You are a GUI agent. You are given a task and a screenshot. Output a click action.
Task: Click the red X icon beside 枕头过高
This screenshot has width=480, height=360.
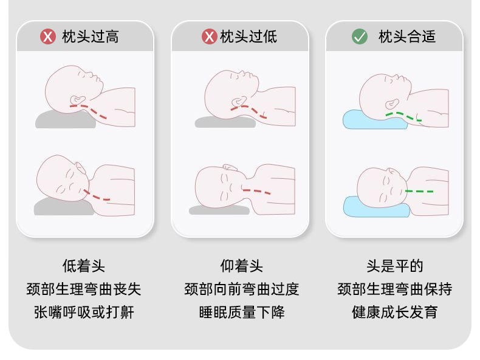click(48, 36)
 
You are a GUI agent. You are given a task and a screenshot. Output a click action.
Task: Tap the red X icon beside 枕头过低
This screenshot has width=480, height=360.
click(210, 36)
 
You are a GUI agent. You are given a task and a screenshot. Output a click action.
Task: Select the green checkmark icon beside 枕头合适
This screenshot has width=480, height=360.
click(360, 36)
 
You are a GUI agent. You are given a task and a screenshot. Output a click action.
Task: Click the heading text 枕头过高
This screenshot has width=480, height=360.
click(91, 36)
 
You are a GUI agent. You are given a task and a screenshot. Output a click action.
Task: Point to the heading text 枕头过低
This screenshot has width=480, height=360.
click(249, 36)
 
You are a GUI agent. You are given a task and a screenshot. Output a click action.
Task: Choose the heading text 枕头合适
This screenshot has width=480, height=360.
click(407, 36)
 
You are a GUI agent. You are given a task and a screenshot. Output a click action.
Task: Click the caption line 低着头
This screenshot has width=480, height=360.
click(84, 266)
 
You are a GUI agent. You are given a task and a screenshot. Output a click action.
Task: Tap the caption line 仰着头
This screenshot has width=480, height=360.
click(242, 266)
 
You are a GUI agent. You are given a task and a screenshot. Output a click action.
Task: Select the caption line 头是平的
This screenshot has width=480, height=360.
click(395, 266)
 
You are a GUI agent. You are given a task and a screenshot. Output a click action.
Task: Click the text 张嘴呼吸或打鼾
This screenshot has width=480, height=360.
click(84, 312)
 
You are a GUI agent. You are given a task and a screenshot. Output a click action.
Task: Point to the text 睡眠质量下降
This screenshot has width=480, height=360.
click(242, 312)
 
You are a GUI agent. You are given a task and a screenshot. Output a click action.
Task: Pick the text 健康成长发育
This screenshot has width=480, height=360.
click(395, 312)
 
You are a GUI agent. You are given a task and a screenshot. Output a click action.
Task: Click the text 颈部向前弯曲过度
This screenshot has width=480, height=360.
click(242, 289)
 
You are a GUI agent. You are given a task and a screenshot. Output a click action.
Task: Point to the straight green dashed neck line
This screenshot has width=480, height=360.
click(419, 192)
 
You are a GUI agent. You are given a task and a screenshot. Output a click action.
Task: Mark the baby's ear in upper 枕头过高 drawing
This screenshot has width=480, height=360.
click(78, 100)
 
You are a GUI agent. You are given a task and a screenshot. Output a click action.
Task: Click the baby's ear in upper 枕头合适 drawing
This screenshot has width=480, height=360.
click(392, 104)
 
